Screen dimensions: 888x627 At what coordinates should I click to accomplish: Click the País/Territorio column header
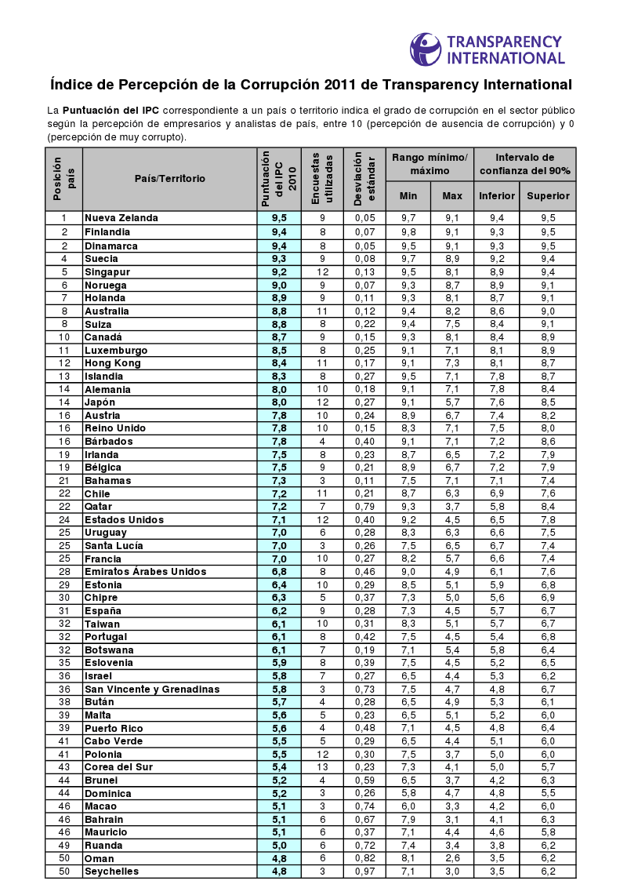[x=169, y=179]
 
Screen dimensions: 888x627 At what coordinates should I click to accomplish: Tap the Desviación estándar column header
[x=364, y=179]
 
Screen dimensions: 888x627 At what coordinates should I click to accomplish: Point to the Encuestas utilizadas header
[x=322, y=179]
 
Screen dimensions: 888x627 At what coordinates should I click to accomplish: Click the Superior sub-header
[x=547, y=195]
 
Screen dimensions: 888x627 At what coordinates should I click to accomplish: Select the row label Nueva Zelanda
[x=121, y=218]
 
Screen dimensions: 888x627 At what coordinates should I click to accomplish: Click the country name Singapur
[x=107, y=271]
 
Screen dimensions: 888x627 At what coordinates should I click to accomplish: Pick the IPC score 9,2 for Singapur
[x=279, y=271]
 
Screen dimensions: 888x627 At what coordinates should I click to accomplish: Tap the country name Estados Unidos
[x=124, y=519]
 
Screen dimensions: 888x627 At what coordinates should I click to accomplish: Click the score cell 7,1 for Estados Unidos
[x=279, y=519]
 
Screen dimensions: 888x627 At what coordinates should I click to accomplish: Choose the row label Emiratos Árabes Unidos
[x=145, y=572]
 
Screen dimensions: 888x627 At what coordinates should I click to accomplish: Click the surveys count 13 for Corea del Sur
[x=322, y=766]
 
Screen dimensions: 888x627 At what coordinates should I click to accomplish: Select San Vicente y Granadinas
[x=151, y=689]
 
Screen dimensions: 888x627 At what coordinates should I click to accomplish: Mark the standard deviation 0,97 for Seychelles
[x=364, y=871]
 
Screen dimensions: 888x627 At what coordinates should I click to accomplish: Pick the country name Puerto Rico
[x=114, y=728]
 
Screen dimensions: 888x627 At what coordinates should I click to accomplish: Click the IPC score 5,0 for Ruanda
[x=279, y=845]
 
